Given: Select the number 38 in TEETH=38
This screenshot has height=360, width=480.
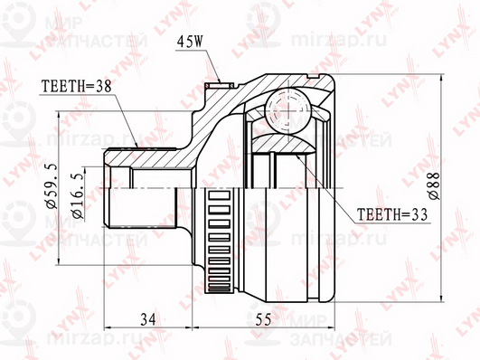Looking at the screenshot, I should tap(106, 88).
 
